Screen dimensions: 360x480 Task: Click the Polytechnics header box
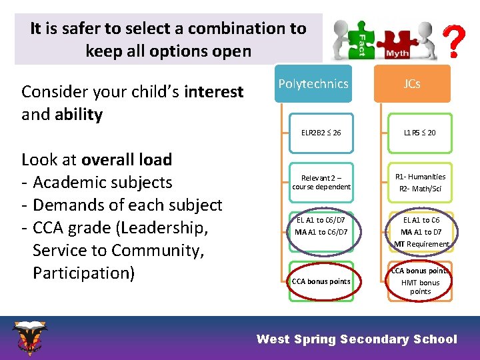coord(313,84)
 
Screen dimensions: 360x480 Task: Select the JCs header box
coord(412,84)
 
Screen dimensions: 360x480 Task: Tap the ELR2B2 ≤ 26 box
coord(321,133)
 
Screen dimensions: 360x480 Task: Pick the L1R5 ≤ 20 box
coord(420,133)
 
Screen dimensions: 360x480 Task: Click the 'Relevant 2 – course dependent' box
coord(321,182)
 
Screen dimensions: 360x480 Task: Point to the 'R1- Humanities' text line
coord(420,177)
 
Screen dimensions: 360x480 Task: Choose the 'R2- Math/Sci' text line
coord(420,189)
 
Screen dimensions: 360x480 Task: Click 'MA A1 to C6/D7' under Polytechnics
coord(321,232)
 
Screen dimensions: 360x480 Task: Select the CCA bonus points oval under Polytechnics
coord(321,281)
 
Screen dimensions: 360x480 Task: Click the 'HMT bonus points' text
coord(420,287)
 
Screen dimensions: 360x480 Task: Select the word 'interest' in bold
coord(214,92)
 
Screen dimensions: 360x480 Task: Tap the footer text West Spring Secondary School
coord(357,339)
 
